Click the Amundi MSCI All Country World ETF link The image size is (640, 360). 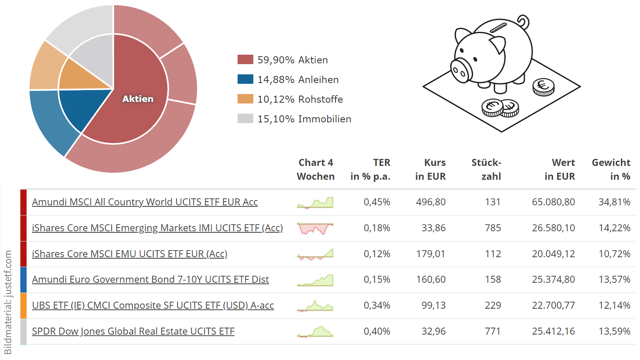coord(145,202)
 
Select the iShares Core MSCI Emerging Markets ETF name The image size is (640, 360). coord(157,228)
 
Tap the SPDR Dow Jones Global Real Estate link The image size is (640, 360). coord(133,331)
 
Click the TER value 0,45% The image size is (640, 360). coord(376,202)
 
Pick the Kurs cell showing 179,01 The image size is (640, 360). coord(430,254)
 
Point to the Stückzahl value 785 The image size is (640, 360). coord(492,228)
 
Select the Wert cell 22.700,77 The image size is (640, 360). coord(553,305)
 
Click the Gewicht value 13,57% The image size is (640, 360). coord(614,279)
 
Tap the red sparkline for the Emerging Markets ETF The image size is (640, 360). coord(315,228)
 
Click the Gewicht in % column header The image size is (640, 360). coord(611,169)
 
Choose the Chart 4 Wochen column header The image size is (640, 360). coord(315,169)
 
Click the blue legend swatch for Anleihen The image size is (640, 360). coord(245,79)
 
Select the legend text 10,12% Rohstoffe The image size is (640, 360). coord(300,99)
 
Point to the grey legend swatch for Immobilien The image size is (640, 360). coord(245,118)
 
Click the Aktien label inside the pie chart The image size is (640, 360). coord(138,99)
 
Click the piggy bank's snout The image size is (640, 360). coord(460,71)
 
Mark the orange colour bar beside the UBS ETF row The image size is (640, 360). coord(23,305)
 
